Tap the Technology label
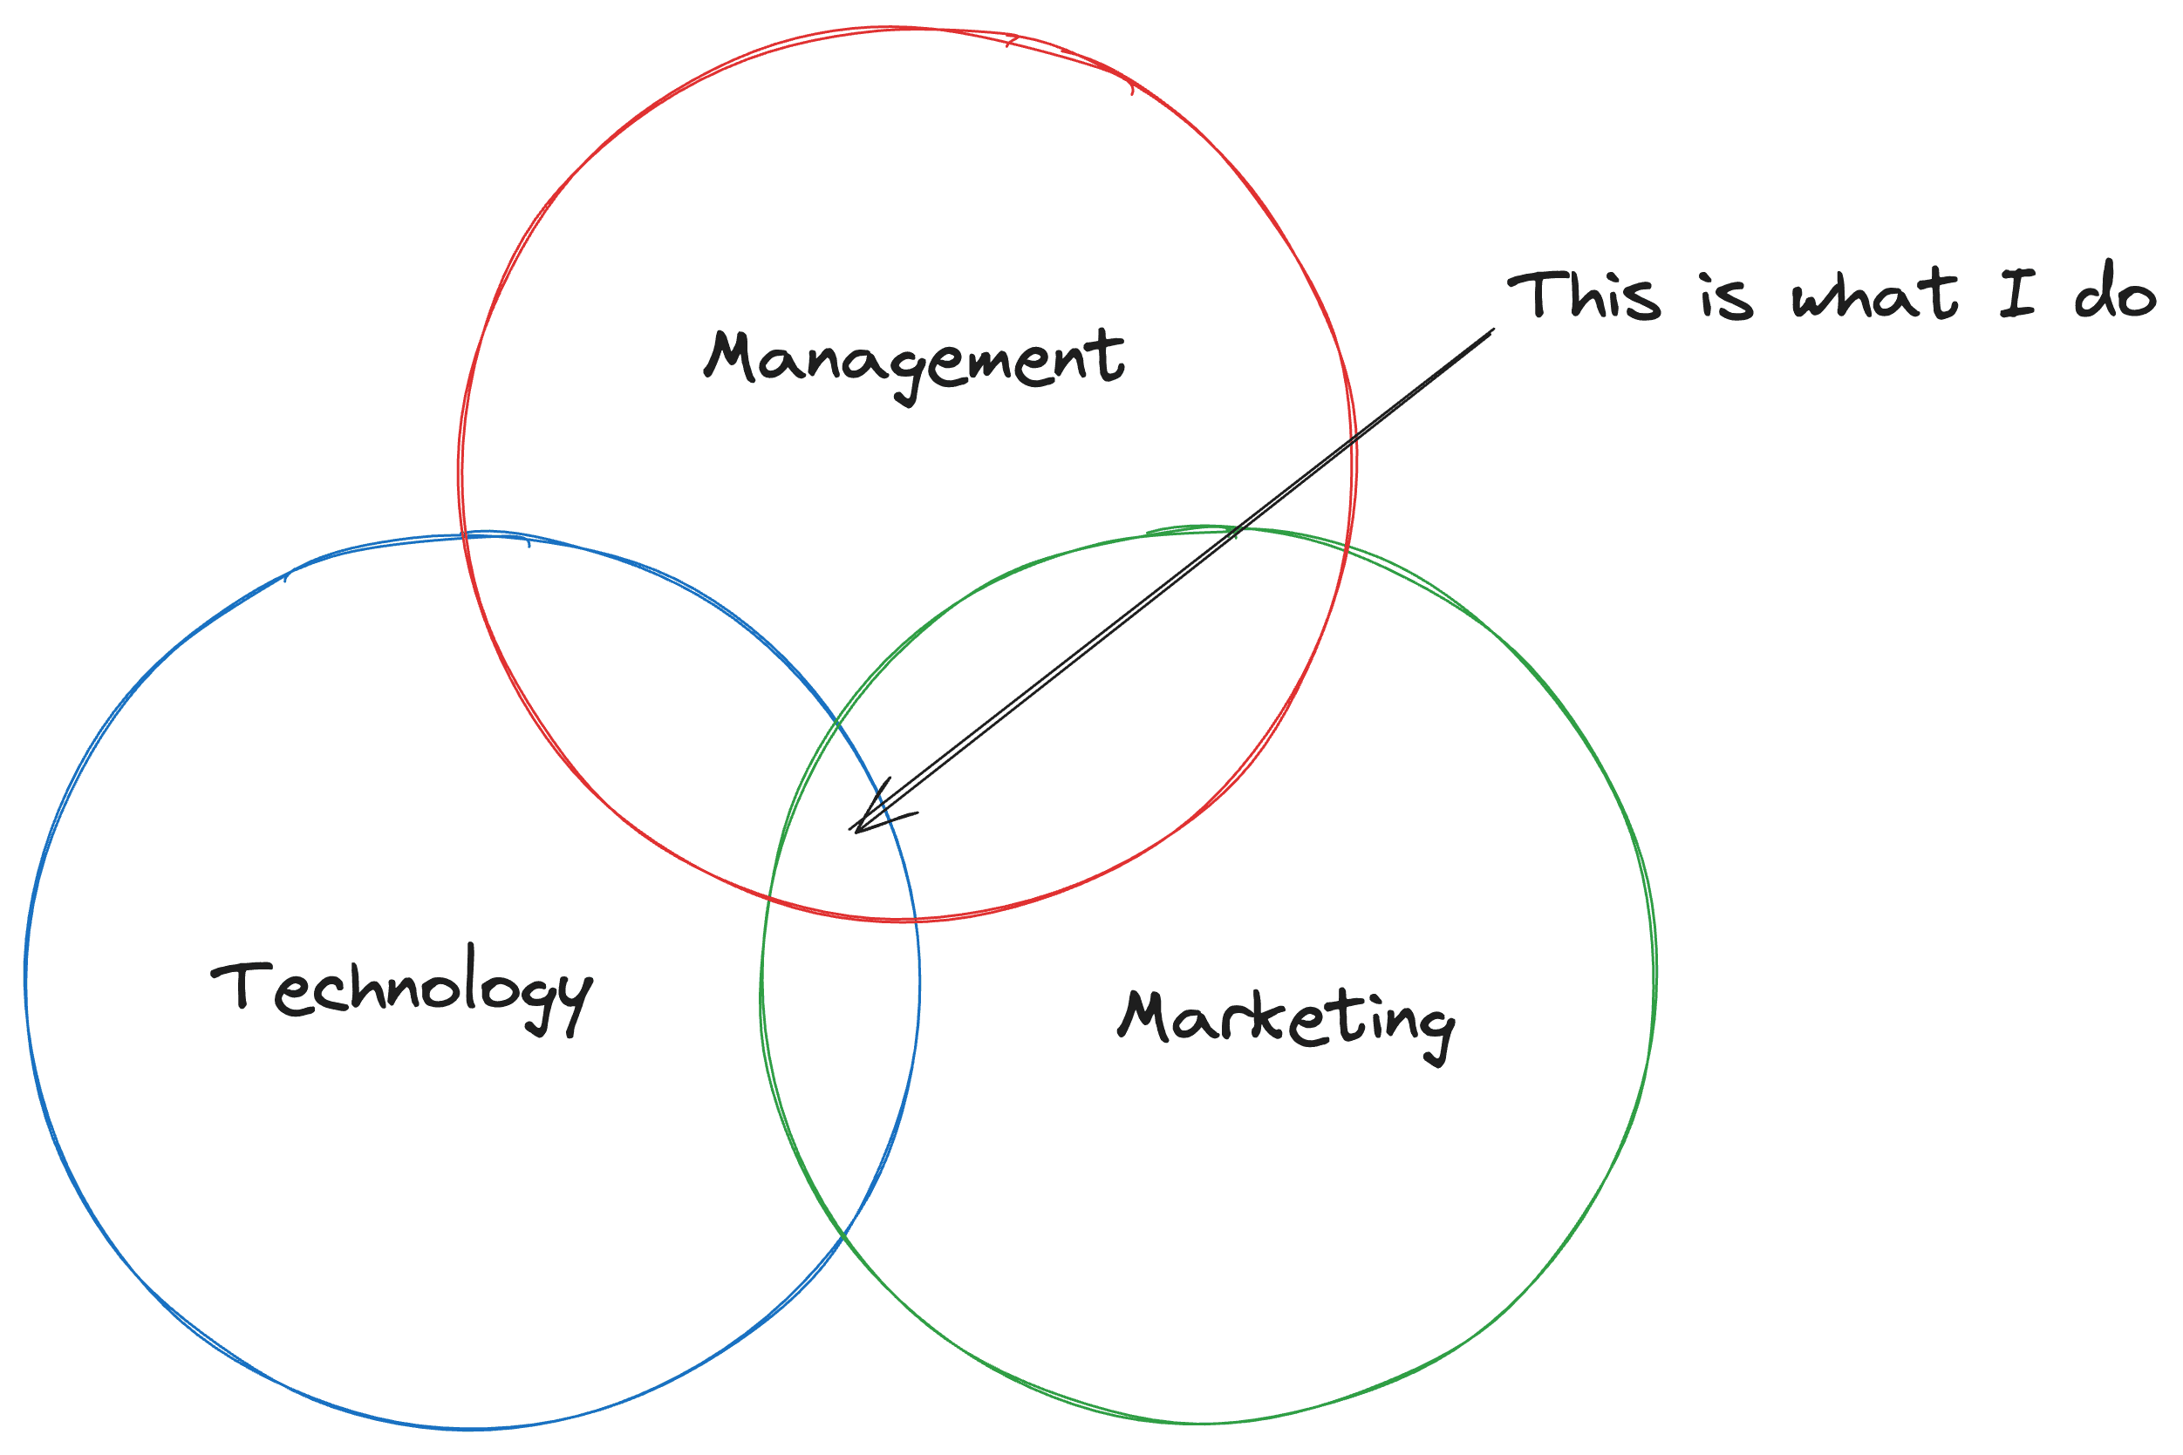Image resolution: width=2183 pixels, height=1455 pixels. tap(401, 989)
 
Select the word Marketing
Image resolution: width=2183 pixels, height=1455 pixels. tap(1286, 1021)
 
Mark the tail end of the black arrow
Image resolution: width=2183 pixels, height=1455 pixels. tap(1492, 330)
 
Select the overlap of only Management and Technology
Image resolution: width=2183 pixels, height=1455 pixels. tap(650, 705)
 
